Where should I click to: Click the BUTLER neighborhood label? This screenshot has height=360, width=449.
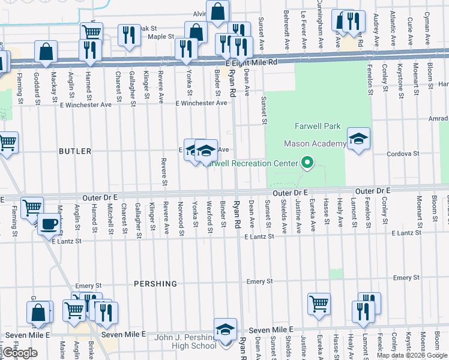tap(75, 151)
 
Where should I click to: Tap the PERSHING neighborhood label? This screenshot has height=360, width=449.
tap(155, 283)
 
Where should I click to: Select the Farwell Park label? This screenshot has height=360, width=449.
tap(318, 126)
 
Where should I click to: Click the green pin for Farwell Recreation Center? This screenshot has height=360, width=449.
tap(307, 163)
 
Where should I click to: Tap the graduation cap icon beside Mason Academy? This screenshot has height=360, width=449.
tap(358, 139)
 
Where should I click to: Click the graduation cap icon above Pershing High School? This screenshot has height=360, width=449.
tap(225, 329)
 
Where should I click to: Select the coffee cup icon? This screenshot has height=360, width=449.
tap(49, 224)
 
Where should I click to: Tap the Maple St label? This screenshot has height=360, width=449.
tap(160, 37)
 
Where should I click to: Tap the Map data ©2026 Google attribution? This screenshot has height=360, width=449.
tap(412, 355)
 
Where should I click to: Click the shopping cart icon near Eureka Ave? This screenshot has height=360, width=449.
tap(319, 303)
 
